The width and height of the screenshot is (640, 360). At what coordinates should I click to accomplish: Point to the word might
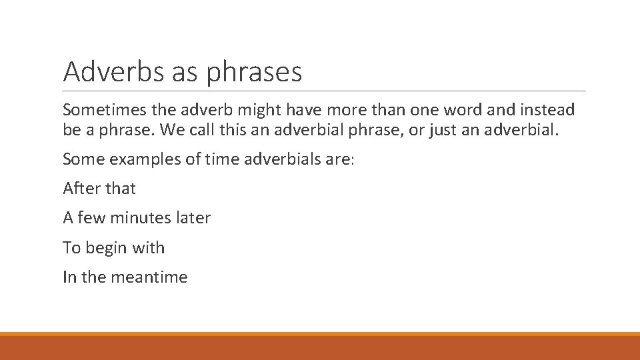pyautogui.click(x=271, y=109)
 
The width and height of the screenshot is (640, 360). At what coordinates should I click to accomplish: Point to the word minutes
pyautogui.click(x=141, y=218)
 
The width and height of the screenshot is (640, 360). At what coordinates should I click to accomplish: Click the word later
pyautogui.click(x=194, y=218)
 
